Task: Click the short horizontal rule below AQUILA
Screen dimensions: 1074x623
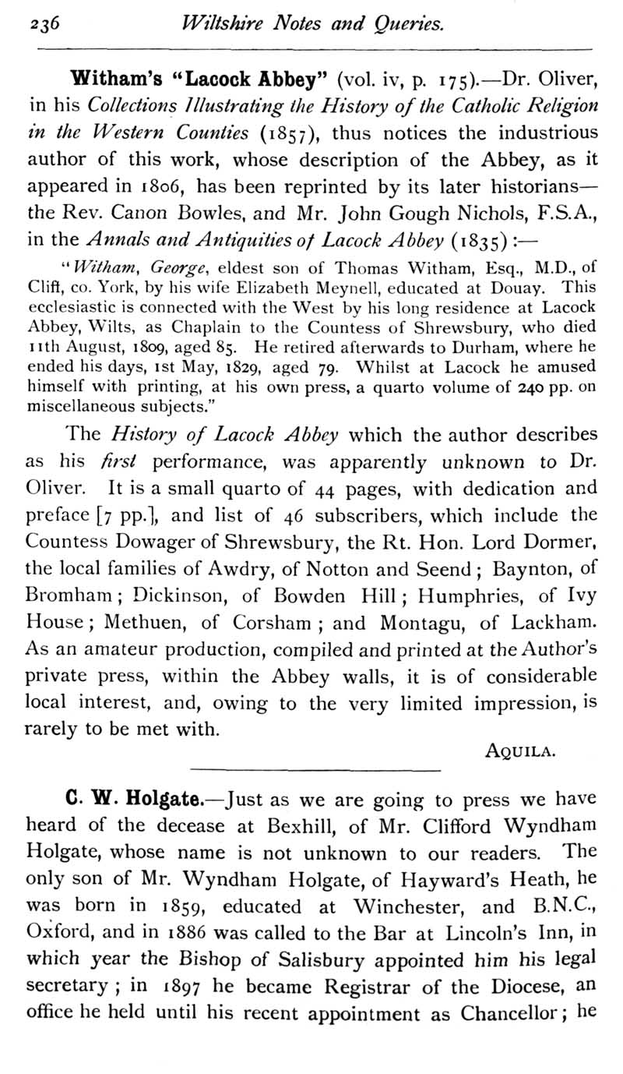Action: point(311,772)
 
